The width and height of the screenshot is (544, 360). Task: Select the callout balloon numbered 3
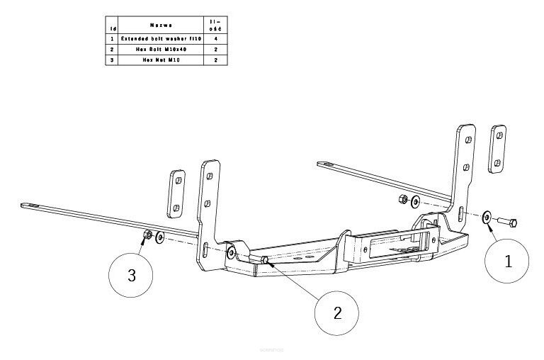click(131, 275)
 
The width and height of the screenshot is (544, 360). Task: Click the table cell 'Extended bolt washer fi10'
click(162, 38)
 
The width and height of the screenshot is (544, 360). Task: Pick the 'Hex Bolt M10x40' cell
click(162, 49)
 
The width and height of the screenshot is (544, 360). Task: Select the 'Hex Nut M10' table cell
click(162, 60)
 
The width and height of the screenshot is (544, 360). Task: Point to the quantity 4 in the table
click(215, 38)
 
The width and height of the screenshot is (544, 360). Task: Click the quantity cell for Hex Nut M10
click(215, 60)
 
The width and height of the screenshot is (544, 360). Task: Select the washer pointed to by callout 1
click(487, 218)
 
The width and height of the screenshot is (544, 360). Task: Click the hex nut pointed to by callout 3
click(147, 234)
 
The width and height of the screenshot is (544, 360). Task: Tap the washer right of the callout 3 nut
click(160, 237)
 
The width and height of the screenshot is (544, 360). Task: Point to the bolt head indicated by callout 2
click(264, 260)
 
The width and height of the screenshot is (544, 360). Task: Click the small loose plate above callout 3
click(176, 193)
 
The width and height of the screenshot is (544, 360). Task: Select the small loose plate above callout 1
click(498, 149)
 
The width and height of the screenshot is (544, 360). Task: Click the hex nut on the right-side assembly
click(401, 199)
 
